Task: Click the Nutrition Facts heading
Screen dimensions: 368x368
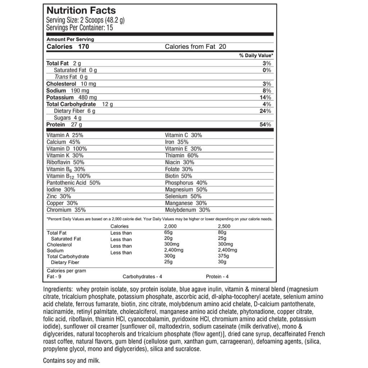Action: coord(81,10)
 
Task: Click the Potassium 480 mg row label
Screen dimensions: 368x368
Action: coord(72,97)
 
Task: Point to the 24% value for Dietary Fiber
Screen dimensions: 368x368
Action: coord(266,111)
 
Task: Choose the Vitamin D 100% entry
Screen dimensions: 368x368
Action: coord(67,149)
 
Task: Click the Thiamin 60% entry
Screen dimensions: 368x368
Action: coord(182,156)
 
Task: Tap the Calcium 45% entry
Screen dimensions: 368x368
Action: coord(63,142)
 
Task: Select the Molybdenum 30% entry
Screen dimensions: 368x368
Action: coord(188,210)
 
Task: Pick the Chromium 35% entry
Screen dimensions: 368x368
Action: coord(66,210)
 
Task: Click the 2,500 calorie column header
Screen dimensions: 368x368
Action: coord(224,226)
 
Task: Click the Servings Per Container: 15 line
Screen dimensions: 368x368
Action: coord(80,28)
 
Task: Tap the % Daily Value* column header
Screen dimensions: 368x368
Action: coord(256,56)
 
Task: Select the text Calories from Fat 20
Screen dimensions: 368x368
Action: coord(195,46)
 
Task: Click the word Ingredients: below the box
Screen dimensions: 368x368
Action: coord(58,289)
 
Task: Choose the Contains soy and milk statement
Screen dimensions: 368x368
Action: coord(72,360)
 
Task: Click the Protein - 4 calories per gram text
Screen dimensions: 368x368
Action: coord(217,277)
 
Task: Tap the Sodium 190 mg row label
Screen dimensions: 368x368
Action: coord(68,91)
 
